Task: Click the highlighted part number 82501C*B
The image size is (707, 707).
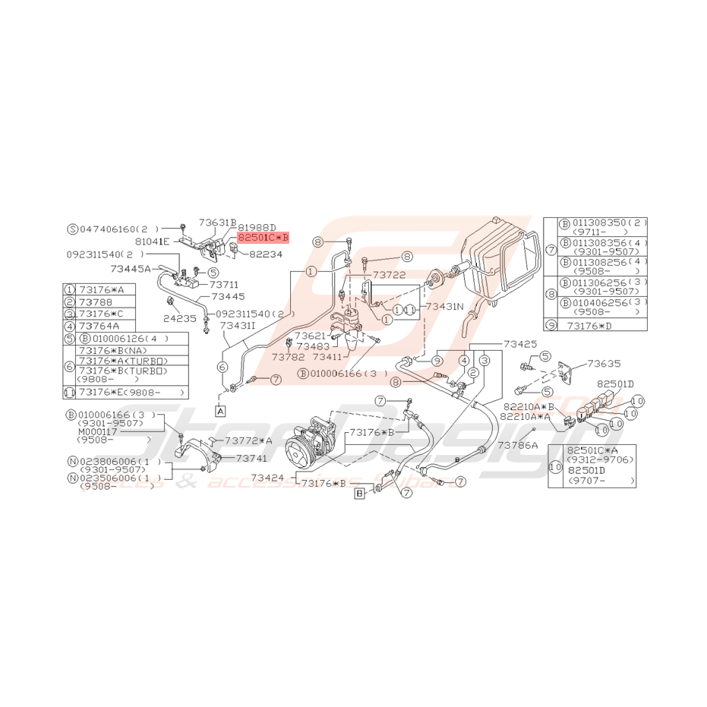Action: pyautogui.click(x=263, y=237)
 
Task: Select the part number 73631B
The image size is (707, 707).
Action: pyautogui.click(x=218, y=223)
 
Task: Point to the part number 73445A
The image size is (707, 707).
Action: pyautogui.click(x=131, y=268)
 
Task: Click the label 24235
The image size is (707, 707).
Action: pyautogui.click(x=179, y=319)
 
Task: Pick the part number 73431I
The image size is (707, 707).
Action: pyautogui.click(x=238, y=325)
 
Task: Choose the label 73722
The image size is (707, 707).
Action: pyautogui.click(x=390, y=274)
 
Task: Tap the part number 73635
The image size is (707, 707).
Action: pyautogui.click(x=604, y=364)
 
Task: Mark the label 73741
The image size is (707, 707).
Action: pyautogui.click(x=251, y=459)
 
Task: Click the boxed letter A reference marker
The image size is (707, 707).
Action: pyautogui.click(x=220, y=411)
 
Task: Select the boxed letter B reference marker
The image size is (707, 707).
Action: pyautogui.click(x=359, y=494)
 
